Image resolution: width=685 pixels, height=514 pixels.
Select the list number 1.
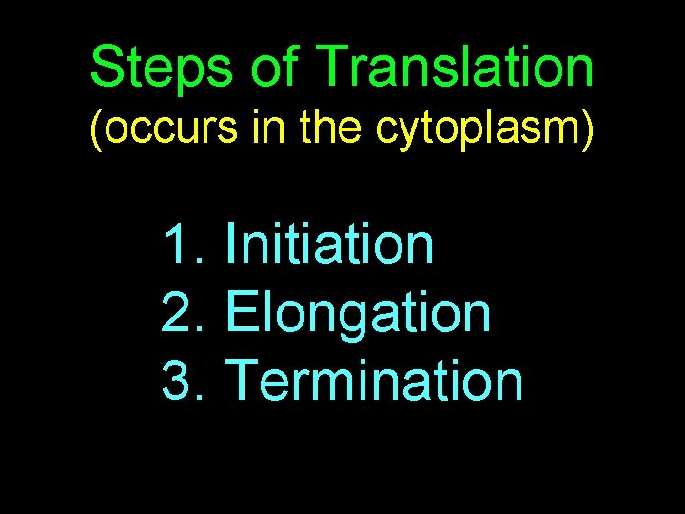pos(180,244)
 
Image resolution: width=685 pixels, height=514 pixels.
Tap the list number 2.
pos(180,312)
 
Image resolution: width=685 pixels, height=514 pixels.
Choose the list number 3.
pos(180,381)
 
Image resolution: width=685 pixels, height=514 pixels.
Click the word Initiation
pos(329,244)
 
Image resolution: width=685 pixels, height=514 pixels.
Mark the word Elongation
pos(360,312)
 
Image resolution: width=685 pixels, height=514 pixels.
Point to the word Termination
pos(376,381)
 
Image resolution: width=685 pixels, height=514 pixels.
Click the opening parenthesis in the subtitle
pos(94,131)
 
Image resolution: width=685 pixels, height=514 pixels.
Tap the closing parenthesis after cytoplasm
pos(590,131)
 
